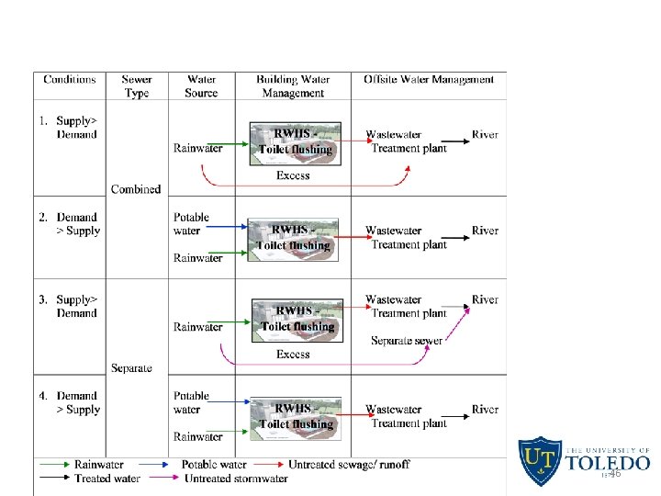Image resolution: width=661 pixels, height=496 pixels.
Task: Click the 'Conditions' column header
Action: click(x=70, y=80)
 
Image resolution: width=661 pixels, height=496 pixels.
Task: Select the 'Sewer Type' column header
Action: click(x=136, y=86)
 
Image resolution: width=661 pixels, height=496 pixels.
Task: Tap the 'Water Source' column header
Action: click(x=201, y=86)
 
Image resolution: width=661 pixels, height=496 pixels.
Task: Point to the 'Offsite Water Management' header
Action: click(x=428, y=80)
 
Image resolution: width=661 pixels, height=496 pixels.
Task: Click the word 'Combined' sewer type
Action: click(x=136, y=189)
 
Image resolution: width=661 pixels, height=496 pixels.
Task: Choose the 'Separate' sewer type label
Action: click(x=131, y=368)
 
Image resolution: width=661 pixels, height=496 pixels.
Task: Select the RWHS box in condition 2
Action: click(x=295, y=239)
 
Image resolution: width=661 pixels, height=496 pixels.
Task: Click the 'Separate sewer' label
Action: click(x=407, y=341)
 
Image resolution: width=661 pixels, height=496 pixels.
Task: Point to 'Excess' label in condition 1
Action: click(x=293, y=175)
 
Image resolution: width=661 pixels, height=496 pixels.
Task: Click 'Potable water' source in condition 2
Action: click(x=191, y=224)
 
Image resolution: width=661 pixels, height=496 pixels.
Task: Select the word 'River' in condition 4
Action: click(x=485, y=410)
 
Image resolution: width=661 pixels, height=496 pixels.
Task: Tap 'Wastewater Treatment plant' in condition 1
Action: click(x=407, y=141)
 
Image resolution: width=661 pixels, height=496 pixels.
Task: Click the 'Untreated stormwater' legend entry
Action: click(x=236, y=479)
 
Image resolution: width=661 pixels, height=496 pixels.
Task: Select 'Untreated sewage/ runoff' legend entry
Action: click(x=349, y=465)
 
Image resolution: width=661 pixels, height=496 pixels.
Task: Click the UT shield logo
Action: click(x=540, y=461)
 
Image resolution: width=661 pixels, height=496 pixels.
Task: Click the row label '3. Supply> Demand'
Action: click(x=69, y=306)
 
